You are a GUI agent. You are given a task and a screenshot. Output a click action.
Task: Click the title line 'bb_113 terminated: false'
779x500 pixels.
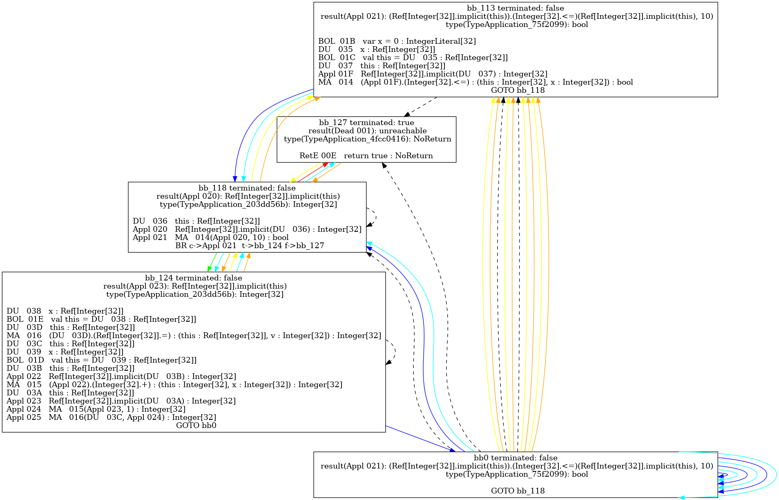515,8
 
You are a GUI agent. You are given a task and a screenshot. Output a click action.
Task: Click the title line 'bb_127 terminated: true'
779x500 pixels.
366,123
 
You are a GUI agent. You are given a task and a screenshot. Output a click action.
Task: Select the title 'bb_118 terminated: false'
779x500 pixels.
247,188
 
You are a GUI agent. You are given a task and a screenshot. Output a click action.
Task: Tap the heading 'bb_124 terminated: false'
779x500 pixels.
193,278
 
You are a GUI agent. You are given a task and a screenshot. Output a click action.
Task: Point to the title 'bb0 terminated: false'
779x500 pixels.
515,458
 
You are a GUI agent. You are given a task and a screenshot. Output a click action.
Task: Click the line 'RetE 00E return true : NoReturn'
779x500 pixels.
366,156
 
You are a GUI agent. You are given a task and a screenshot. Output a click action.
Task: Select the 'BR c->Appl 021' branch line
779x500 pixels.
250,246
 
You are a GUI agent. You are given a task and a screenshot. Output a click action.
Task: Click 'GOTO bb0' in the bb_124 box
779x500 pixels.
196,426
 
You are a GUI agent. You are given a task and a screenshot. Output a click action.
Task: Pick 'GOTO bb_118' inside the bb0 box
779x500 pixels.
518,491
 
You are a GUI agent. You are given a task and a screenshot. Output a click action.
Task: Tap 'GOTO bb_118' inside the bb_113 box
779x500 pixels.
518,90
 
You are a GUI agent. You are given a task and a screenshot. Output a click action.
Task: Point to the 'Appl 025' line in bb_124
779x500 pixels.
111,417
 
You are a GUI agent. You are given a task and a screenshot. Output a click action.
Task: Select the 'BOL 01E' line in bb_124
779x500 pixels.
101,319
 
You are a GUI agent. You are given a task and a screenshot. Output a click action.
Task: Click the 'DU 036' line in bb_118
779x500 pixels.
196,221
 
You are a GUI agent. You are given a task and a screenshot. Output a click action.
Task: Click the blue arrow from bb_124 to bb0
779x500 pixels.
421,439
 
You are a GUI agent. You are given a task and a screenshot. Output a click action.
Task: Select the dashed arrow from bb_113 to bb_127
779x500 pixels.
421,107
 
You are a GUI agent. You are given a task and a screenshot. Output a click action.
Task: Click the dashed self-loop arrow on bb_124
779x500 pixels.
394,352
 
